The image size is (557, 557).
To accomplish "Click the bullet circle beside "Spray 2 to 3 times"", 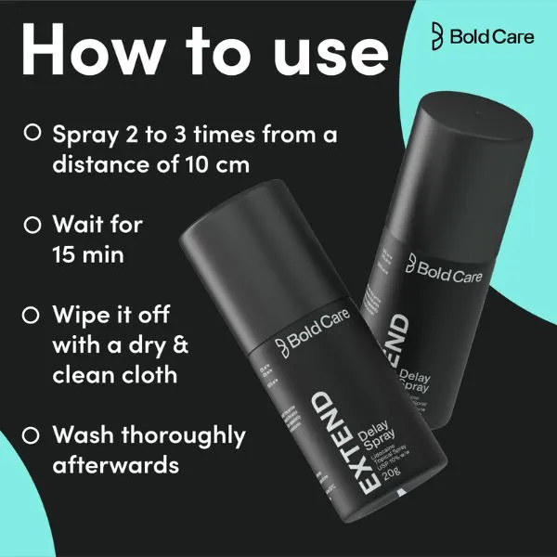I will (x=31, y=134).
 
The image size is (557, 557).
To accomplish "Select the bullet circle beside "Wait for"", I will (x=31, y=225).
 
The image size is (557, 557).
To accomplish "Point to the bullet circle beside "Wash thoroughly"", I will (x=31, y=434).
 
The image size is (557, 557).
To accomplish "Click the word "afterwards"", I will (x=115, y=464).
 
